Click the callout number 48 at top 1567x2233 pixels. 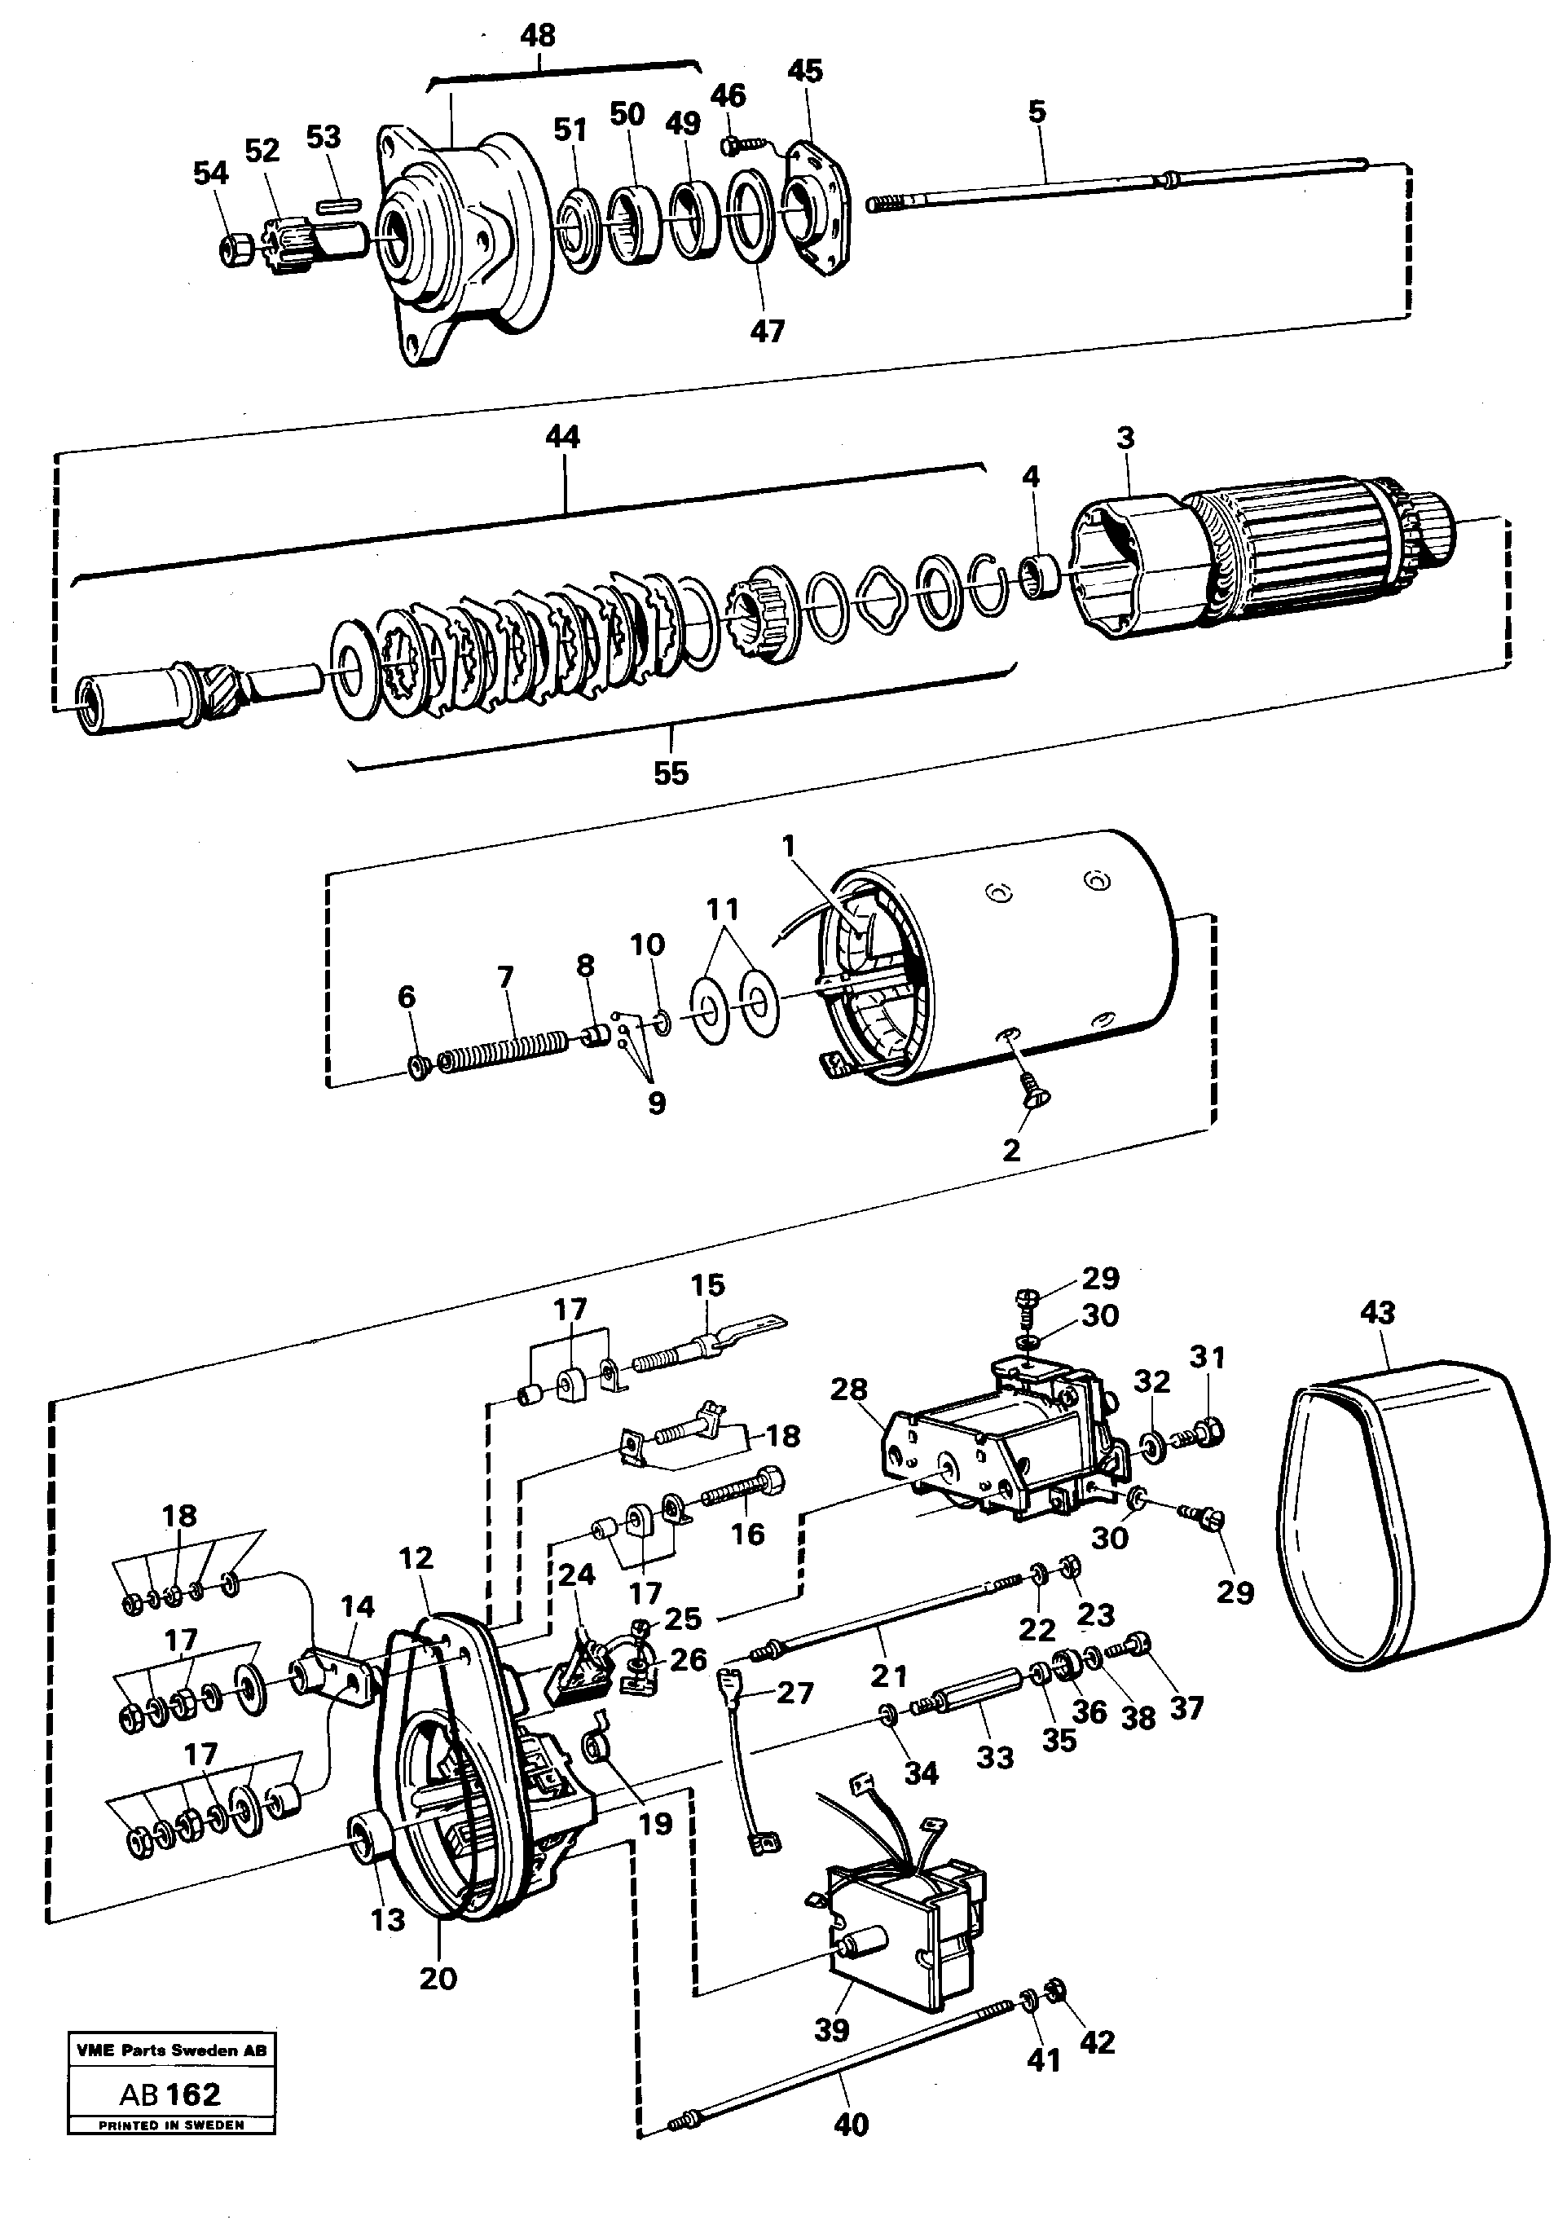[537, 36]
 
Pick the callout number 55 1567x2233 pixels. [670, 773]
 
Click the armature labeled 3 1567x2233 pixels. [1265, 564]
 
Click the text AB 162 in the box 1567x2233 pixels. [170, 2094]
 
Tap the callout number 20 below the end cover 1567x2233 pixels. [438, 1978]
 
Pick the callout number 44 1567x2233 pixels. [562, 437]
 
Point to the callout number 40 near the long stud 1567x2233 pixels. [851, 2125]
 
